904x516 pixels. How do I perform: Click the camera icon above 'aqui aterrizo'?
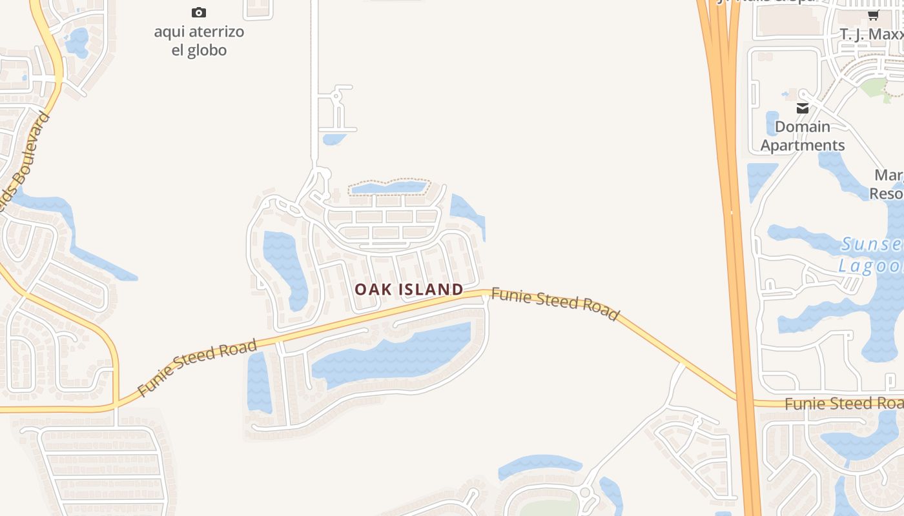199,12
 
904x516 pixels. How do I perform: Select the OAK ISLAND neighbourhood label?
409,290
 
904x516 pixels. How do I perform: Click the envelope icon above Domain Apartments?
803,108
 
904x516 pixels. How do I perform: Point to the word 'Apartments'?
803,145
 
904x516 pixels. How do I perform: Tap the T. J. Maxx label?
870,34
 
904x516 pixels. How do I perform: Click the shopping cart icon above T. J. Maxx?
873,15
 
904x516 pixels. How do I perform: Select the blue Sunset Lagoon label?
872,255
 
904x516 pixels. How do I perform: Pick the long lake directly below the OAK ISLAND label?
394,355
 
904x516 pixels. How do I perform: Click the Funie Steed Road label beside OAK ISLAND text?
555,304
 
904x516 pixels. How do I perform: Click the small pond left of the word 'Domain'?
772,123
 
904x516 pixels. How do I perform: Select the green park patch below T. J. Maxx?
875,87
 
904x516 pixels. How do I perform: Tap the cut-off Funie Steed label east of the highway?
843,404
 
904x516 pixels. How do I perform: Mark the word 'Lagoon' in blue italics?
870,266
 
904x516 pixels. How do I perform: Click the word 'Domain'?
803,126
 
